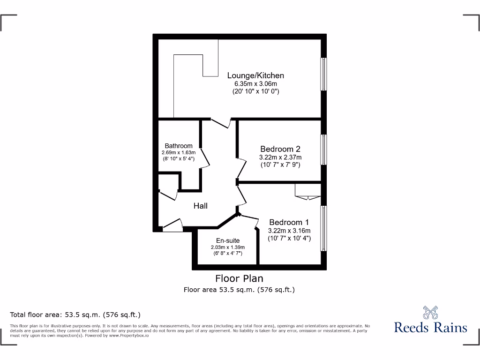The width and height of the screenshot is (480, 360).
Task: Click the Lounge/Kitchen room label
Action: tap(255, 75)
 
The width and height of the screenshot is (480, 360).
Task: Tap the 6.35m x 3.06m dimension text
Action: tap(255, 84)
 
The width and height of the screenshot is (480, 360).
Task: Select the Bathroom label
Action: tap(178, 146)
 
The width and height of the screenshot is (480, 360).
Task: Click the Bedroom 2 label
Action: tap(280, 149)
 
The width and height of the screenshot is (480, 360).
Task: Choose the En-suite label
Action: tap(228, 240)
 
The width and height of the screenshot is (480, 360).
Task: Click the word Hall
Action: tap(201, 206)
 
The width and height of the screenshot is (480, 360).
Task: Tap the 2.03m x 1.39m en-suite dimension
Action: tap(228, 247)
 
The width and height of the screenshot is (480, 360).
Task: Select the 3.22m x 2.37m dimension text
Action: tap(280, 157)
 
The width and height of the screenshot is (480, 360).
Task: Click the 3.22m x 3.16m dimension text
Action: tap(289, 231)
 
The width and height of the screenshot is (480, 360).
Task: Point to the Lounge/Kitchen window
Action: tap(323, 74)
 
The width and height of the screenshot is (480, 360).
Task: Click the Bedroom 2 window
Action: tap(323, 150)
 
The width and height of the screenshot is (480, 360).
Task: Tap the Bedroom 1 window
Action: tap(323, 228)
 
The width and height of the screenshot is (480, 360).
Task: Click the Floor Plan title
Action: tap(239, 278)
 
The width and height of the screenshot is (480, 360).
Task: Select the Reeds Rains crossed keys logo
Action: tap(430, 312)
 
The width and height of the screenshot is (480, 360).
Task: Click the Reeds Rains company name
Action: tap(430, 327)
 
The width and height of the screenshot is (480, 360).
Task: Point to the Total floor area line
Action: tap(75, 315)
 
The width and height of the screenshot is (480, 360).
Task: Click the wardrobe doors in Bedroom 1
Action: tap(307, 193)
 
